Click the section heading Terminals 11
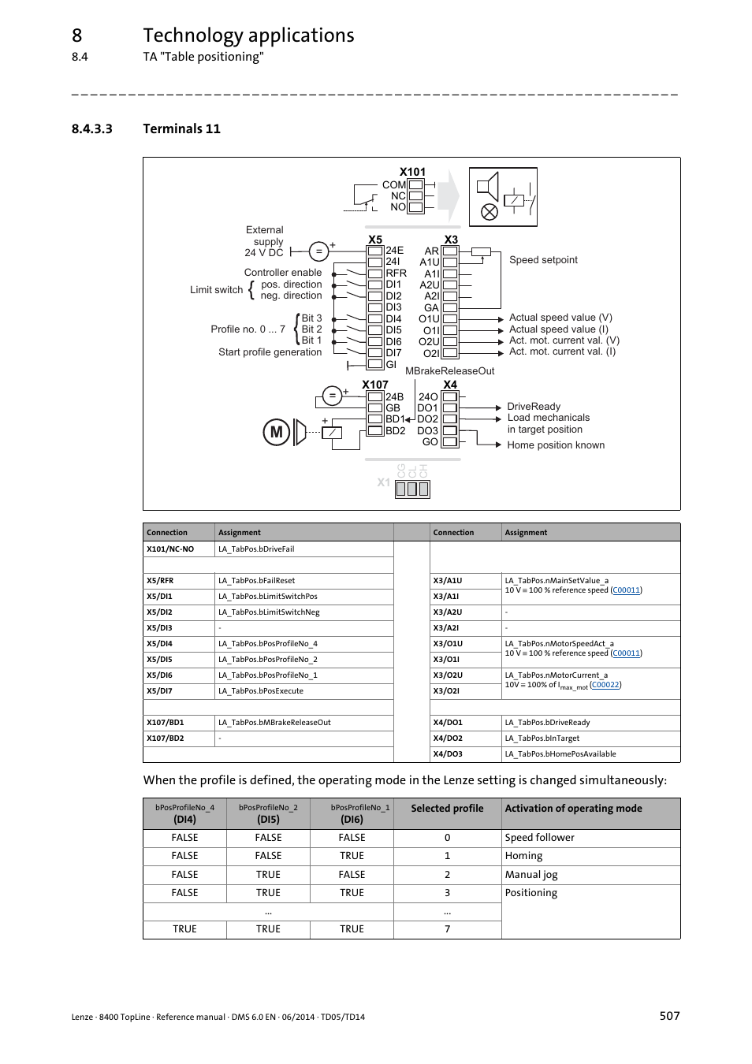[181, 128]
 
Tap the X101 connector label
[411, 172]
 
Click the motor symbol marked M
[276, 432]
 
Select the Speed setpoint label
[543, 260]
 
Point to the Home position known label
[556, 445]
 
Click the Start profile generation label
[270, 352]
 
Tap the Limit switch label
[216, 290]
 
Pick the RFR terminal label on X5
[396, 273]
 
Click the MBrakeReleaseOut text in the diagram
[449, 371]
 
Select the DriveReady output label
[534, 407]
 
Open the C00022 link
[605, 685]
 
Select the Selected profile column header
[447, 809]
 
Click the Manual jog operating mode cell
[531, 875]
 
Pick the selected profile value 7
[447, 929]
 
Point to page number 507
[669, 1016]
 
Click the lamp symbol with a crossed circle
[490, 212]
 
